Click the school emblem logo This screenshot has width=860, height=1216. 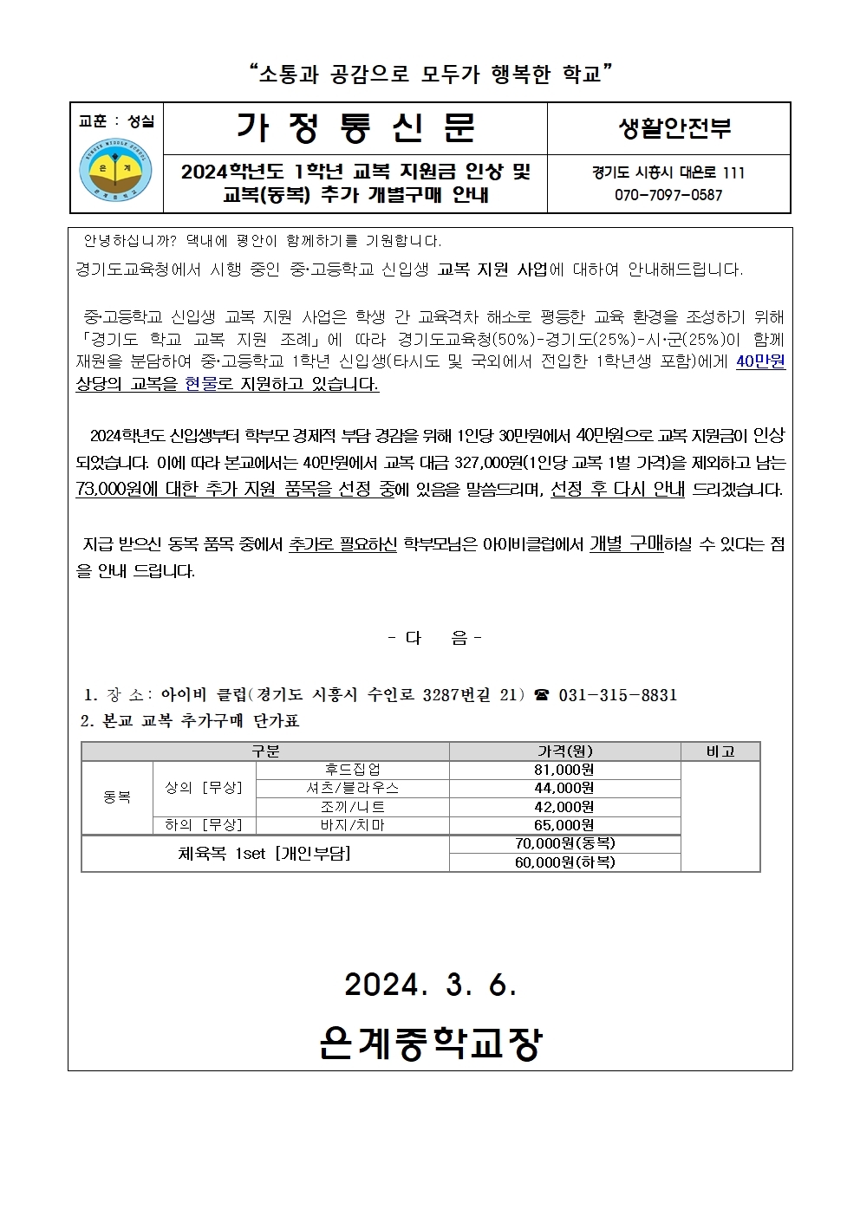coord(115,171)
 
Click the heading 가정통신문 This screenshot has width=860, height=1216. coord(355,128)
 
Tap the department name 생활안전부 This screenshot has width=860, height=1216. coord(674,128)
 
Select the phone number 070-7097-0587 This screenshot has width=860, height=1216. coord(668,195)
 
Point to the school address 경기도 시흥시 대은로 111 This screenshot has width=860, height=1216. coord(668,172)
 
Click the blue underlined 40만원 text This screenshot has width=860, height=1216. coord(760,361)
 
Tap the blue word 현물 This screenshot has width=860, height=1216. coord(201,383)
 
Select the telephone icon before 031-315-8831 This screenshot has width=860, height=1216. coord(543,695)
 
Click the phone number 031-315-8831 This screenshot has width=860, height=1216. coord(617,695)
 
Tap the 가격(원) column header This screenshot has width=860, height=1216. coord(564,751)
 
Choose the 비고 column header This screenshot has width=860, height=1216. coord(720,751)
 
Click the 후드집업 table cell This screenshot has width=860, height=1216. coord(352,770)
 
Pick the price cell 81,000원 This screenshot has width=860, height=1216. coord(564,770)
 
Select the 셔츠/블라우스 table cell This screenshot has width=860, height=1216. coord(352,788)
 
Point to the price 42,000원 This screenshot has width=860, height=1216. coord(564,807)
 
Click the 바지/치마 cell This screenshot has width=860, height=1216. coord(352,825)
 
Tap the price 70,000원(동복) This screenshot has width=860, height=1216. coord(564,843)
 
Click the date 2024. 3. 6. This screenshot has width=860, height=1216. coord(430,985)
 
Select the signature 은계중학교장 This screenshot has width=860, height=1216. coord(430,1043)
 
